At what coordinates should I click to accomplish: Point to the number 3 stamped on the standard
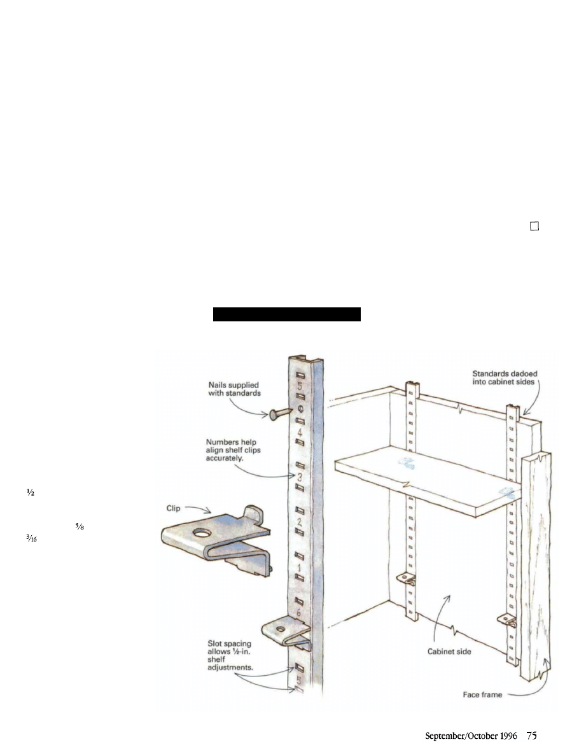(x=298, y=477)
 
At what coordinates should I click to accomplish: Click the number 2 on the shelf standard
(x=298, y=522)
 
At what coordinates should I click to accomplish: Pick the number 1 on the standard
(x=298, y=566)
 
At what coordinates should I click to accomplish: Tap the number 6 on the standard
(x=298, y=611)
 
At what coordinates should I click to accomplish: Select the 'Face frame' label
(x=482, y=695)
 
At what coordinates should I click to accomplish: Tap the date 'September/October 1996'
(x=471, y=735)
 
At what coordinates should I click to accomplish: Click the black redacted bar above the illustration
(x=286, y=314)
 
